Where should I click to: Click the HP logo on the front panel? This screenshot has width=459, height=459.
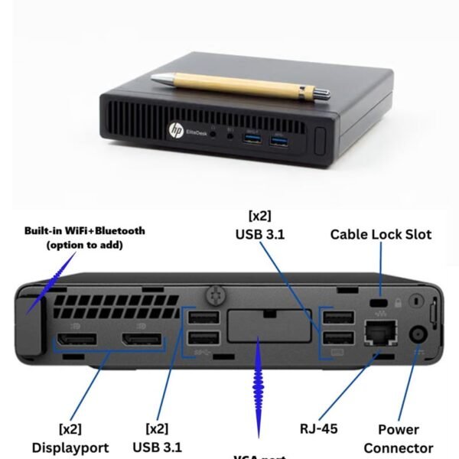click(177, 131)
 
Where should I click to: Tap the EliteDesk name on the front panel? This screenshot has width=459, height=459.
click(197, 133)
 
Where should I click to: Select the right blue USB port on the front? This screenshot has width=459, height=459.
click(278, 140)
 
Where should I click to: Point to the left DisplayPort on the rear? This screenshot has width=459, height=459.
click(74, 339)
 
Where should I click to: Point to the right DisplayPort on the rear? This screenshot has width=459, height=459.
click(142, 339)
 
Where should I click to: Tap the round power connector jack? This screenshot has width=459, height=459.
click(418, 334)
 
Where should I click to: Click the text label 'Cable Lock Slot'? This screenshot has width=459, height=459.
click(380, 234)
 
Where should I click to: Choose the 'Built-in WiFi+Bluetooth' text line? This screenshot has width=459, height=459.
click(84, 229)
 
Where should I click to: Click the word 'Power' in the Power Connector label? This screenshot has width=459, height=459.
click(398, 430)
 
